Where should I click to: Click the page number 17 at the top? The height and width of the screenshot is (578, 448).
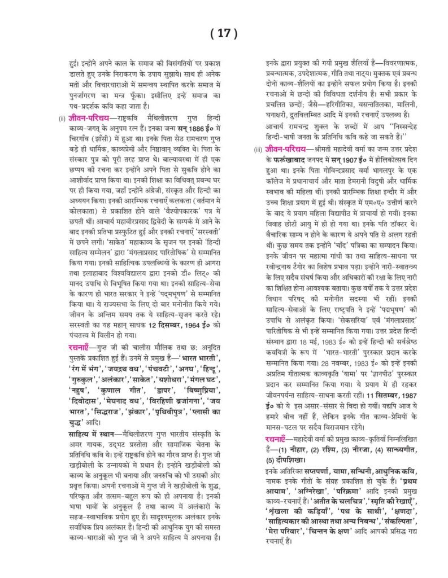pyautogui.click(x=224, y=33)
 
